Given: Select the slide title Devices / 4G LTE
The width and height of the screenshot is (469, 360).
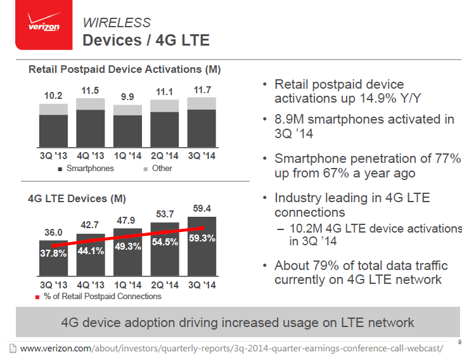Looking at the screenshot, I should pyautogui.click(x=146, y=41).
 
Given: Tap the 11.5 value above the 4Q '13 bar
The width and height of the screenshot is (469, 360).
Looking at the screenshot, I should pyautogui.click(x=90, y=91).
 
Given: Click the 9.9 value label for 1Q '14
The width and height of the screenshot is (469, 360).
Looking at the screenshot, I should pyautogui.click(x=127, y=97).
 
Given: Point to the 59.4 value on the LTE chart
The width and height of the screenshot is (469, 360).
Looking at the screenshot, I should pyautogui.click(x=202, y=208).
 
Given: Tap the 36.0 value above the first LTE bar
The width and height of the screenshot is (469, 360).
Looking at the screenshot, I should pyautogui.click(x=53, y=232).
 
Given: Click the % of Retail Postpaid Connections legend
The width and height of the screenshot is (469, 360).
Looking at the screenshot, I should pyautogui.click(x=102, y=297).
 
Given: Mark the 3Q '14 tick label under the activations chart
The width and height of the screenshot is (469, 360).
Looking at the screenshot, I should pyautogui.click(x=202, y=155).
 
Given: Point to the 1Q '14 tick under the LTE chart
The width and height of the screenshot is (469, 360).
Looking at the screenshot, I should pyautogui.click(x=127, y=285).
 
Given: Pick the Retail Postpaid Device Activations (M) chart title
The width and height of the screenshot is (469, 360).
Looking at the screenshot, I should pyautogui.click(x=124, y=69).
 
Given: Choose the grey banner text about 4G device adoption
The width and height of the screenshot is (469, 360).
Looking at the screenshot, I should pyautogui.click(x=237, y=323).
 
